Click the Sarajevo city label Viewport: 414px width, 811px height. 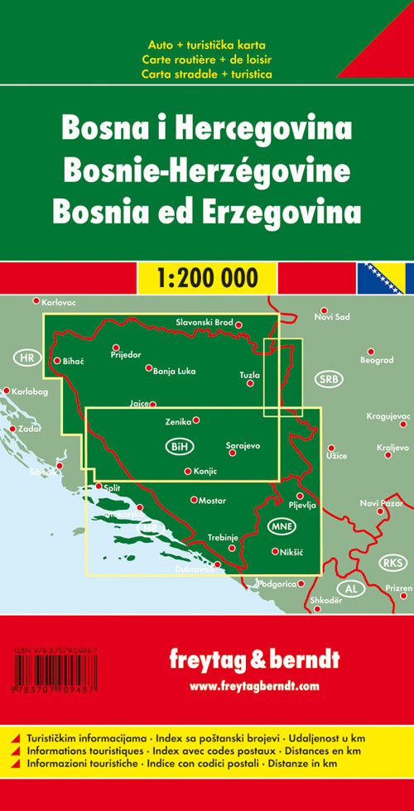pos(243,446)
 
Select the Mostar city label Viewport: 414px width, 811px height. pos(213,501)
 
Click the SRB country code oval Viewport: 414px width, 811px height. pos(328,378)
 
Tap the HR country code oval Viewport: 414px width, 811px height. pos(27,358)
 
